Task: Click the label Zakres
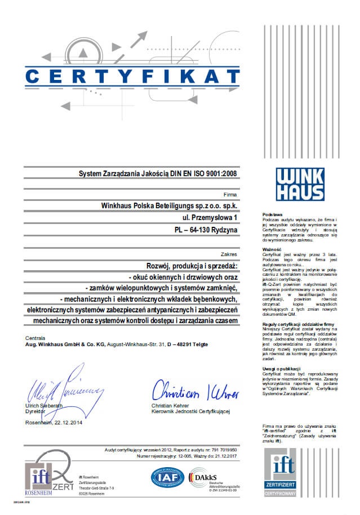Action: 230,254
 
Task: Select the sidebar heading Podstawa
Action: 273,214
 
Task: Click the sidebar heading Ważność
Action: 272,249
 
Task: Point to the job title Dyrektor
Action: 35,411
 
